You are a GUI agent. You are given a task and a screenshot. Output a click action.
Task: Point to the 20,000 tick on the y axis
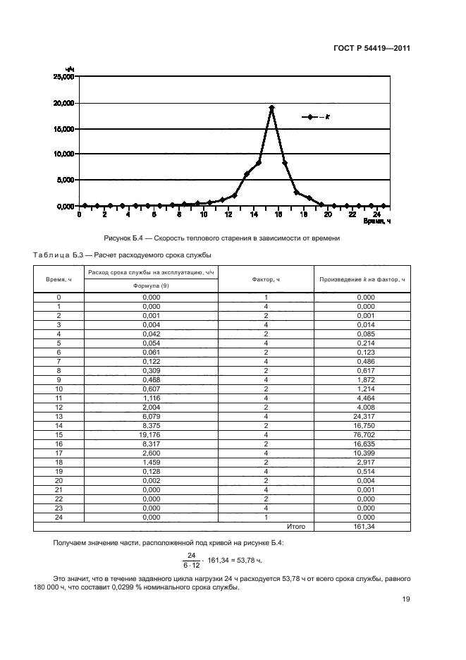[x=64, y=103]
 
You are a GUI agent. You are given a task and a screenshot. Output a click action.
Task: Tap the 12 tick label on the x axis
[x=228, y=214]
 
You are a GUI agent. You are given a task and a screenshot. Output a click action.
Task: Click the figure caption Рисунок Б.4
[x=221, y=238]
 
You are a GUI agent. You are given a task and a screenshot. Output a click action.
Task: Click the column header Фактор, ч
[x=266, y=279]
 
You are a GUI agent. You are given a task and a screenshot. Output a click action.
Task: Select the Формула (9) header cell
[x=151, y=286]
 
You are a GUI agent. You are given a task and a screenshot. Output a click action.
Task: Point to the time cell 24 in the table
[x=59, y=517]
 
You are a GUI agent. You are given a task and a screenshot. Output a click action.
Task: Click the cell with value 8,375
[x=151, y=425]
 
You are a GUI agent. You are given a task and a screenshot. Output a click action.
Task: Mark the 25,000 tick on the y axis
[x=64, y=77]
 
